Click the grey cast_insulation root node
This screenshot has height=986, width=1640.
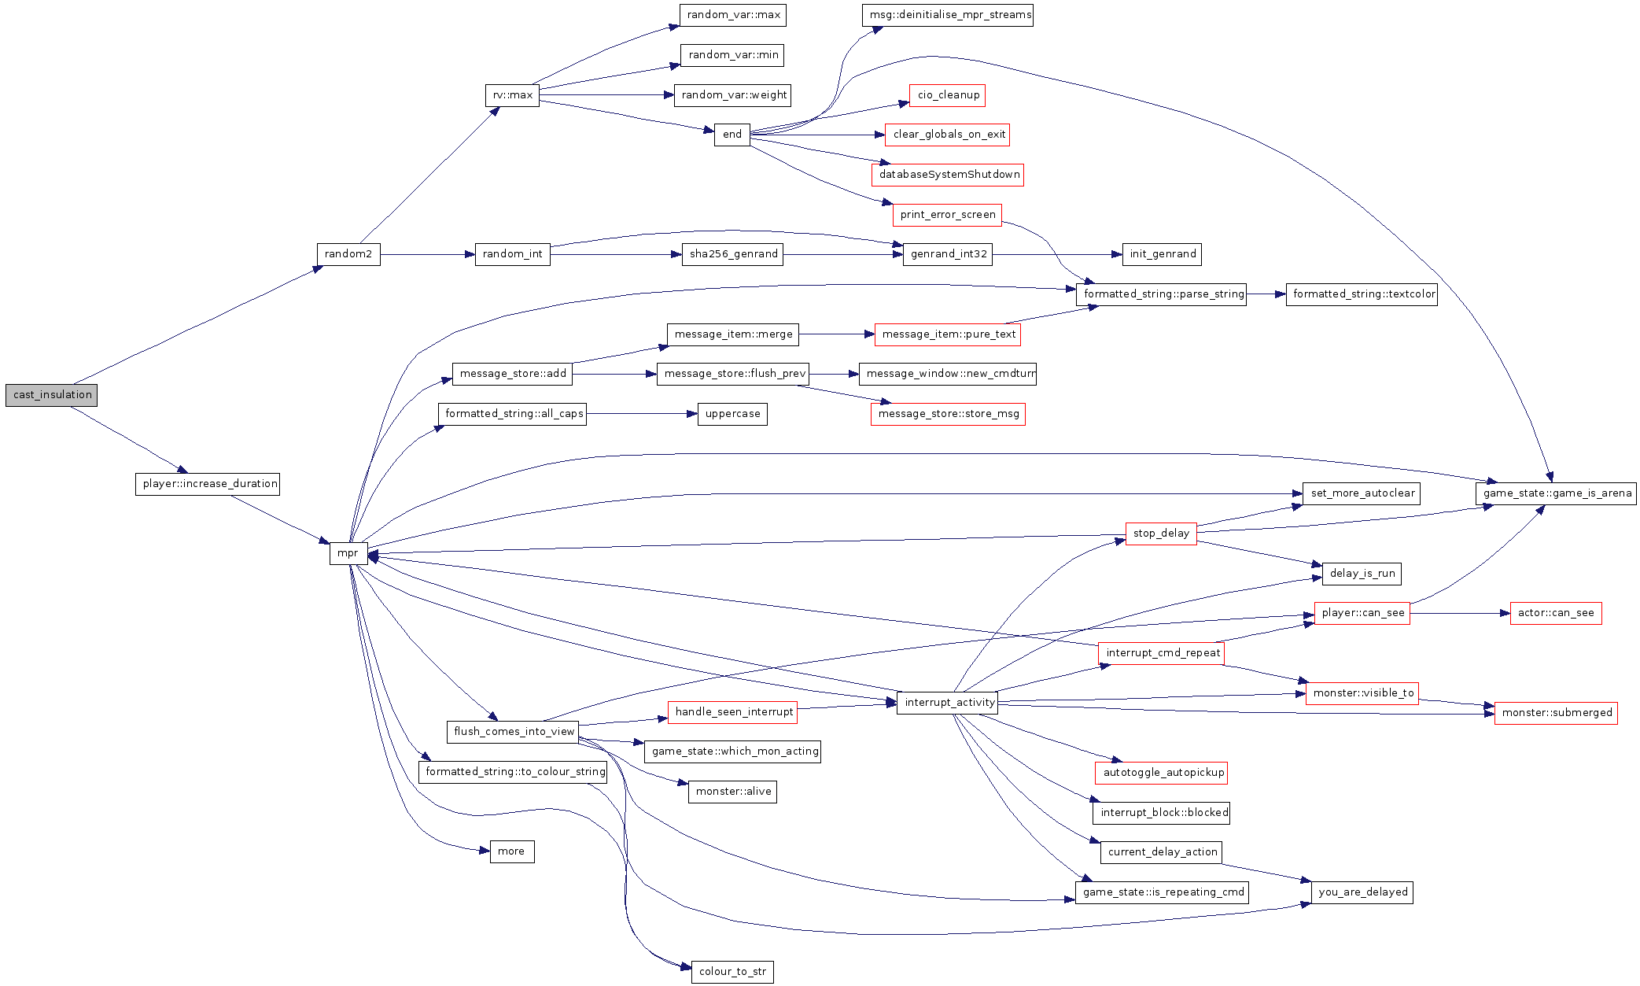(51, 395)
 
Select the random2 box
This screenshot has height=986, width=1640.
(348, 254)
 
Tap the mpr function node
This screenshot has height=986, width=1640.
(348, 553)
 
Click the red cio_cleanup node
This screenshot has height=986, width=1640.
(947, 95)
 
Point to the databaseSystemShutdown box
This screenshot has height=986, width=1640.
(947, 175)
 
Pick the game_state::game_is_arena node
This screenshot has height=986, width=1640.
(1555, 493)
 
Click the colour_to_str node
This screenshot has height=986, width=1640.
(732, 972)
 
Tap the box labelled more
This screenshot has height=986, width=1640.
(511, 851)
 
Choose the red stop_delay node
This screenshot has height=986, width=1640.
(1160, 534)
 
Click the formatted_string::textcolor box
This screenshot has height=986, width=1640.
(1362, 294)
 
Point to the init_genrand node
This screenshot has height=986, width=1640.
(1162, 254)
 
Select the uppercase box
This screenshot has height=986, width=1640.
(732, 414)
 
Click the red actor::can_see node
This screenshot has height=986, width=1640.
(1555, 613)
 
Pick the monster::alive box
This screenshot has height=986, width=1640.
(732, 792)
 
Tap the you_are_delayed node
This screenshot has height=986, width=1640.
(1362, 892)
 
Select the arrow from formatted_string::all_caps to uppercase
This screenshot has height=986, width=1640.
(641, 414)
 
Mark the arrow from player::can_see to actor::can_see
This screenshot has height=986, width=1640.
(1459, 613)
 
